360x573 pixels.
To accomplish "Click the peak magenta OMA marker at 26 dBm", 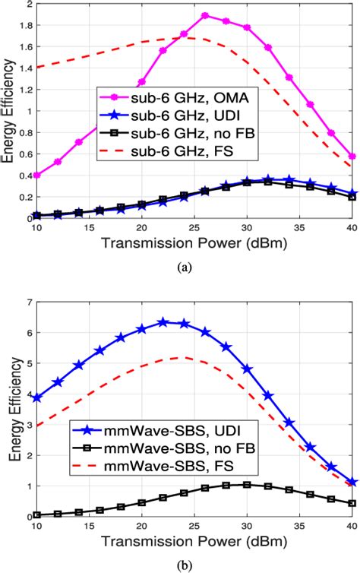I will click(205, 15).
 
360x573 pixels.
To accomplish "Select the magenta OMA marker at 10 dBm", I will click(36, 175).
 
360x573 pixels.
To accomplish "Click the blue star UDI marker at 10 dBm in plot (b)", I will click(36, 397).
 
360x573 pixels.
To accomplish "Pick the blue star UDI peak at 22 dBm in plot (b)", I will click(163, 322).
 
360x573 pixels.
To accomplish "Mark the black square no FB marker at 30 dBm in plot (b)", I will click(247, 484).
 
